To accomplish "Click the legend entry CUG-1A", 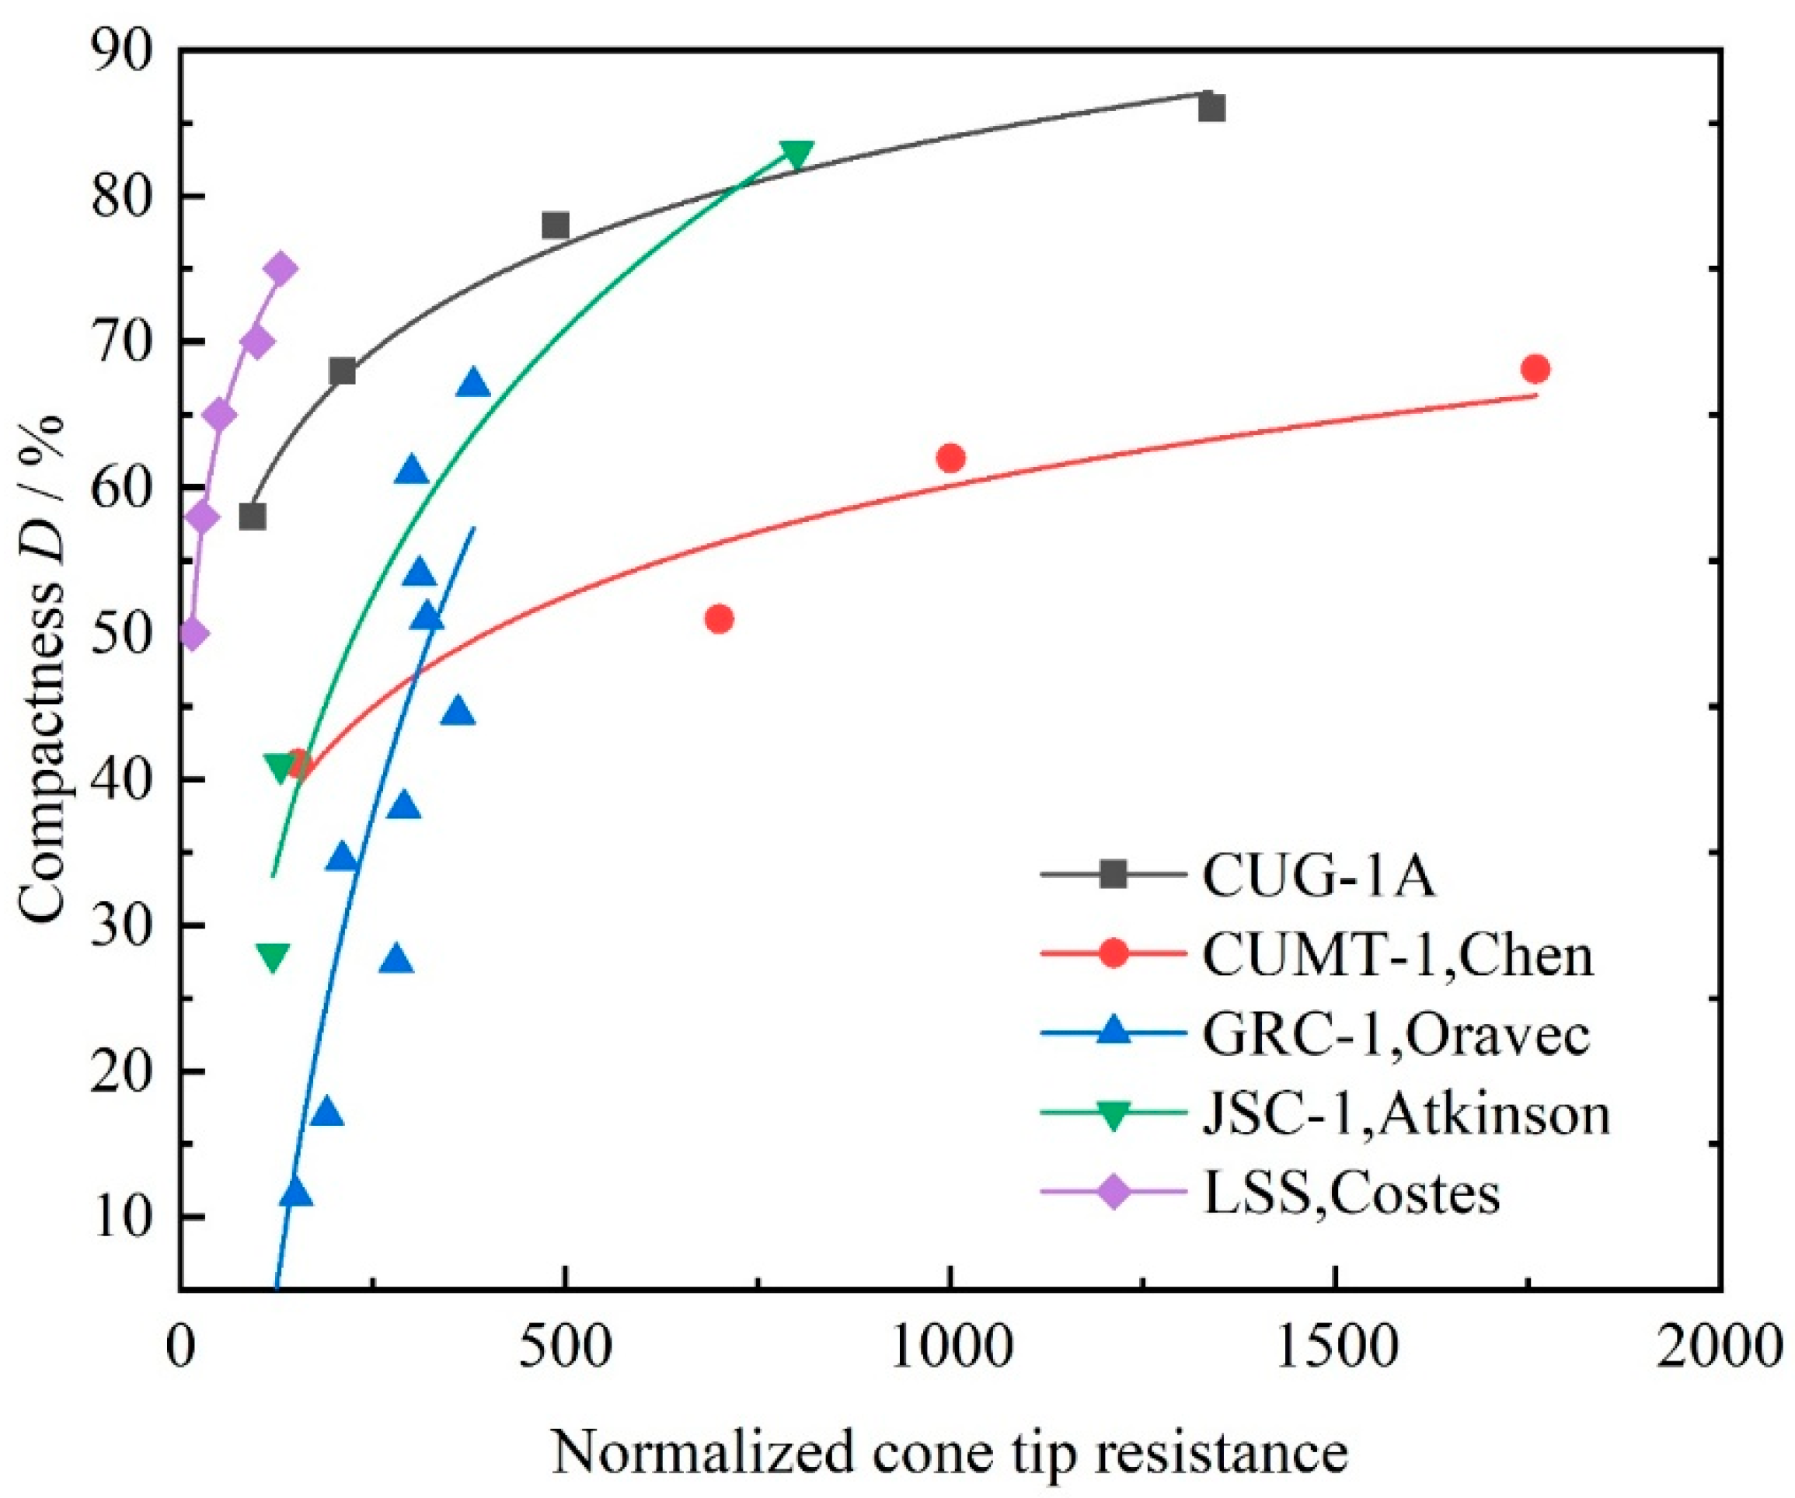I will coord(1317,876).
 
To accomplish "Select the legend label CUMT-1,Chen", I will coord(1397,956).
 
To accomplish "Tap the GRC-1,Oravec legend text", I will coord(1396,1035).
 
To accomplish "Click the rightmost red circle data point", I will coord(1535,369).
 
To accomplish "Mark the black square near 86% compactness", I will coord(1211,109).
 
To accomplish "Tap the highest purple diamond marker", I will coord(281,268).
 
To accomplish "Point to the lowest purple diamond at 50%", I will coord(193,634).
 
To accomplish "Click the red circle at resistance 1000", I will coord(950,458).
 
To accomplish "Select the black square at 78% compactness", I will coord(556,225).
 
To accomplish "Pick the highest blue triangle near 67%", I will coord(473,385).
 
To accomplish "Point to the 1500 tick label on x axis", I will coord(1335,1349).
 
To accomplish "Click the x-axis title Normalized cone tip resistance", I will coord(949,1452).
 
